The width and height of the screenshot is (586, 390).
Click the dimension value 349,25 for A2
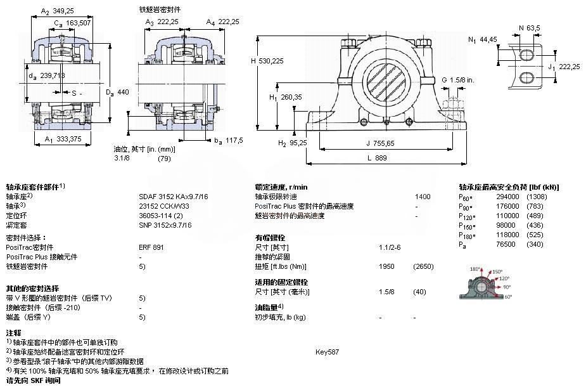tap(62, 11)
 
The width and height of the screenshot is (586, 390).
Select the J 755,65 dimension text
tap(380, 143)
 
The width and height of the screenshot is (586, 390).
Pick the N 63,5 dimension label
tap(530, 27)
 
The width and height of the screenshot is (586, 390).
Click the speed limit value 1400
tap(423, 197)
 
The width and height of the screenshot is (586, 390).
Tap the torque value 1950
tap(387, 266)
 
